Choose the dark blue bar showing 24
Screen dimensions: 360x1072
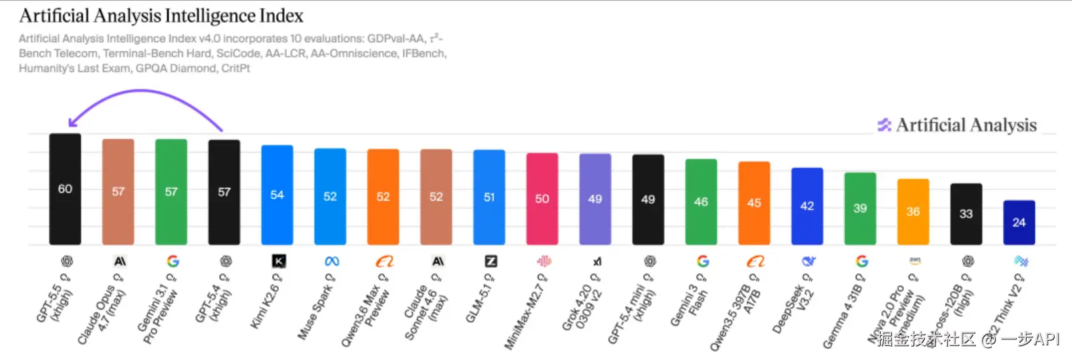tap(1019, 222)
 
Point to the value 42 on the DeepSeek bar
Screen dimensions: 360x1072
tap(807, 206)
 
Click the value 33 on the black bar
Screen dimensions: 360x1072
tap(966, 214)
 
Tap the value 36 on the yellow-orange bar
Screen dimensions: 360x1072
tap(913, 211)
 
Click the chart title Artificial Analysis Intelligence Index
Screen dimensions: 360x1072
tap(161, 15)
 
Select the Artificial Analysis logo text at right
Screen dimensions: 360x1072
tap(966, 125)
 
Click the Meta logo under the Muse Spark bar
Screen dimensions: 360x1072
tap(331, 261)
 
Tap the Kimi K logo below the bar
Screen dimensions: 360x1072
tap(279, 261)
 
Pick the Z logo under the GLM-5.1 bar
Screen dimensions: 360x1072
tap(491, 261)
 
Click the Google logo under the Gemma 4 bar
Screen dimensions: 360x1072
tap(861, 261)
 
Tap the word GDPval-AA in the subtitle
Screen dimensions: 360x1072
tap(396, 39)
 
